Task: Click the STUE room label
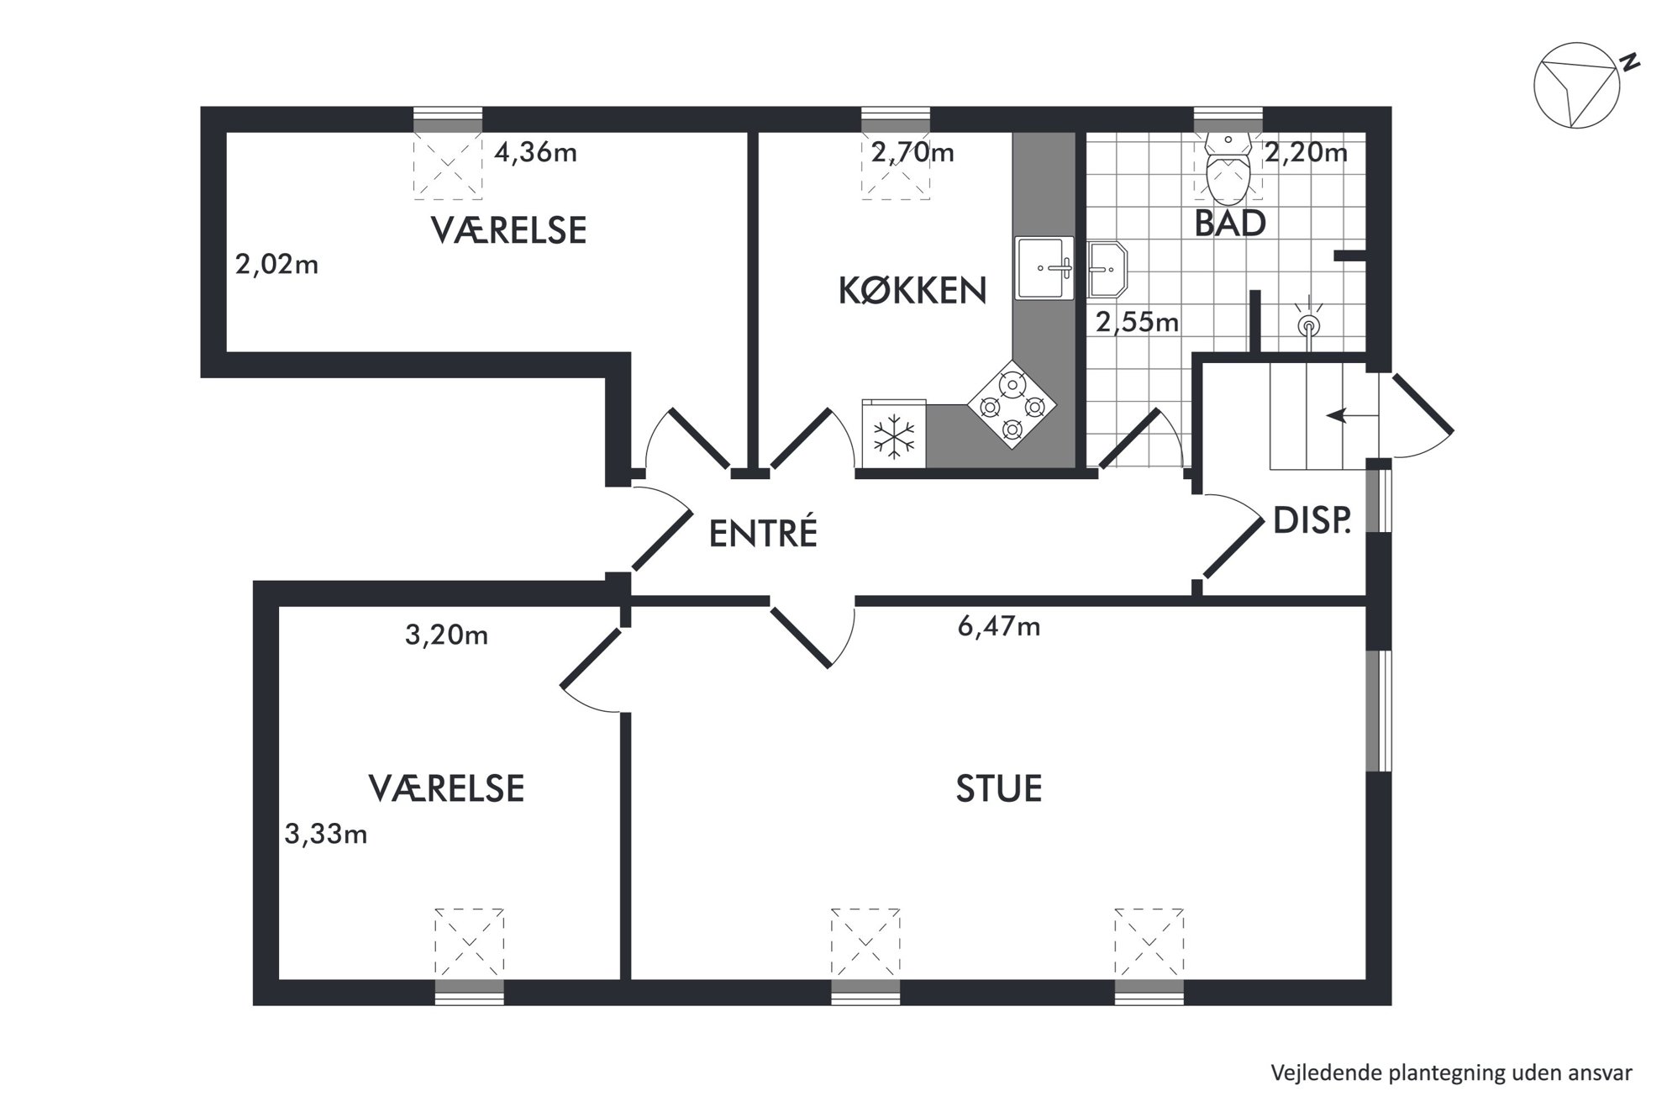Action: pyautogui.click(x=999, y=789)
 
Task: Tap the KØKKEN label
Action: pyautogui.click(x=912, y=290)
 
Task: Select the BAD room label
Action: pyautogui.click(x=1230, y=224)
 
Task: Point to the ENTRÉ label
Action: pyautogui.click(x=763, y=533)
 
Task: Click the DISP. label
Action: pyautogui.click(x=1312, y=521)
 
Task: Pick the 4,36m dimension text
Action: pyautogui.click(x=535, y=153)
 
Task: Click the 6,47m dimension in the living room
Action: pyautogui.click(x=999, y=626)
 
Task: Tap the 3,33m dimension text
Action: pyautogui.click(x=326, y=834)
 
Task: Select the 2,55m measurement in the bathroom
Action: pyautogui.click(x=1137, y=322)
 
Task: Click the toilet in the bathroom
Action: pyautogui.click(x=1228, y=167)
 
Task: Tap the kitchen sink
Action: pyautogui.click(x=1044, y=268)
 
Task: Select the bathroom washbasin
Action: pyautogui.click(x=1107, y=270)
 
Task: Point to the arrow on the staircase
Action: pyautogui.click(x=1352, y=415)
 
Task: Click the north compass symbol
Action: pyautogui.click(x=1577, y=86)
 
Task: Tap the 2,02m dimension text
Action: pyautogui.click(x=276, y=265)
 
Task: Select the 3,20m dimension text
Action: pyautogui.click(x=446, y=635)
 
